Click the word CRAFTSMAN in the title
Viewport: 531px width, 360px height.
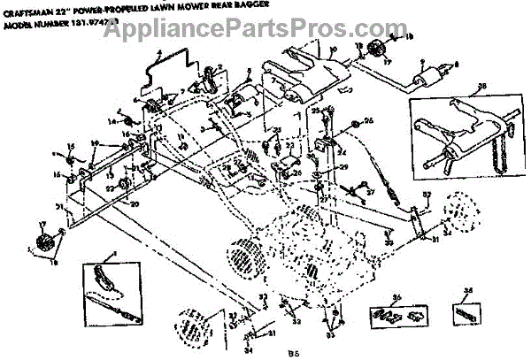33,11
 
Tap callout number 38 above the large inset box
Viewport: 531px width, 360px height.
482,87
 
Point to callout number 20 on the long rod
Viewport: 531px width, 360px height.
112,203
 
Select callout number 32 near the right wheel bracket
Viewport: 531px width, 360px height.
427,195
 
